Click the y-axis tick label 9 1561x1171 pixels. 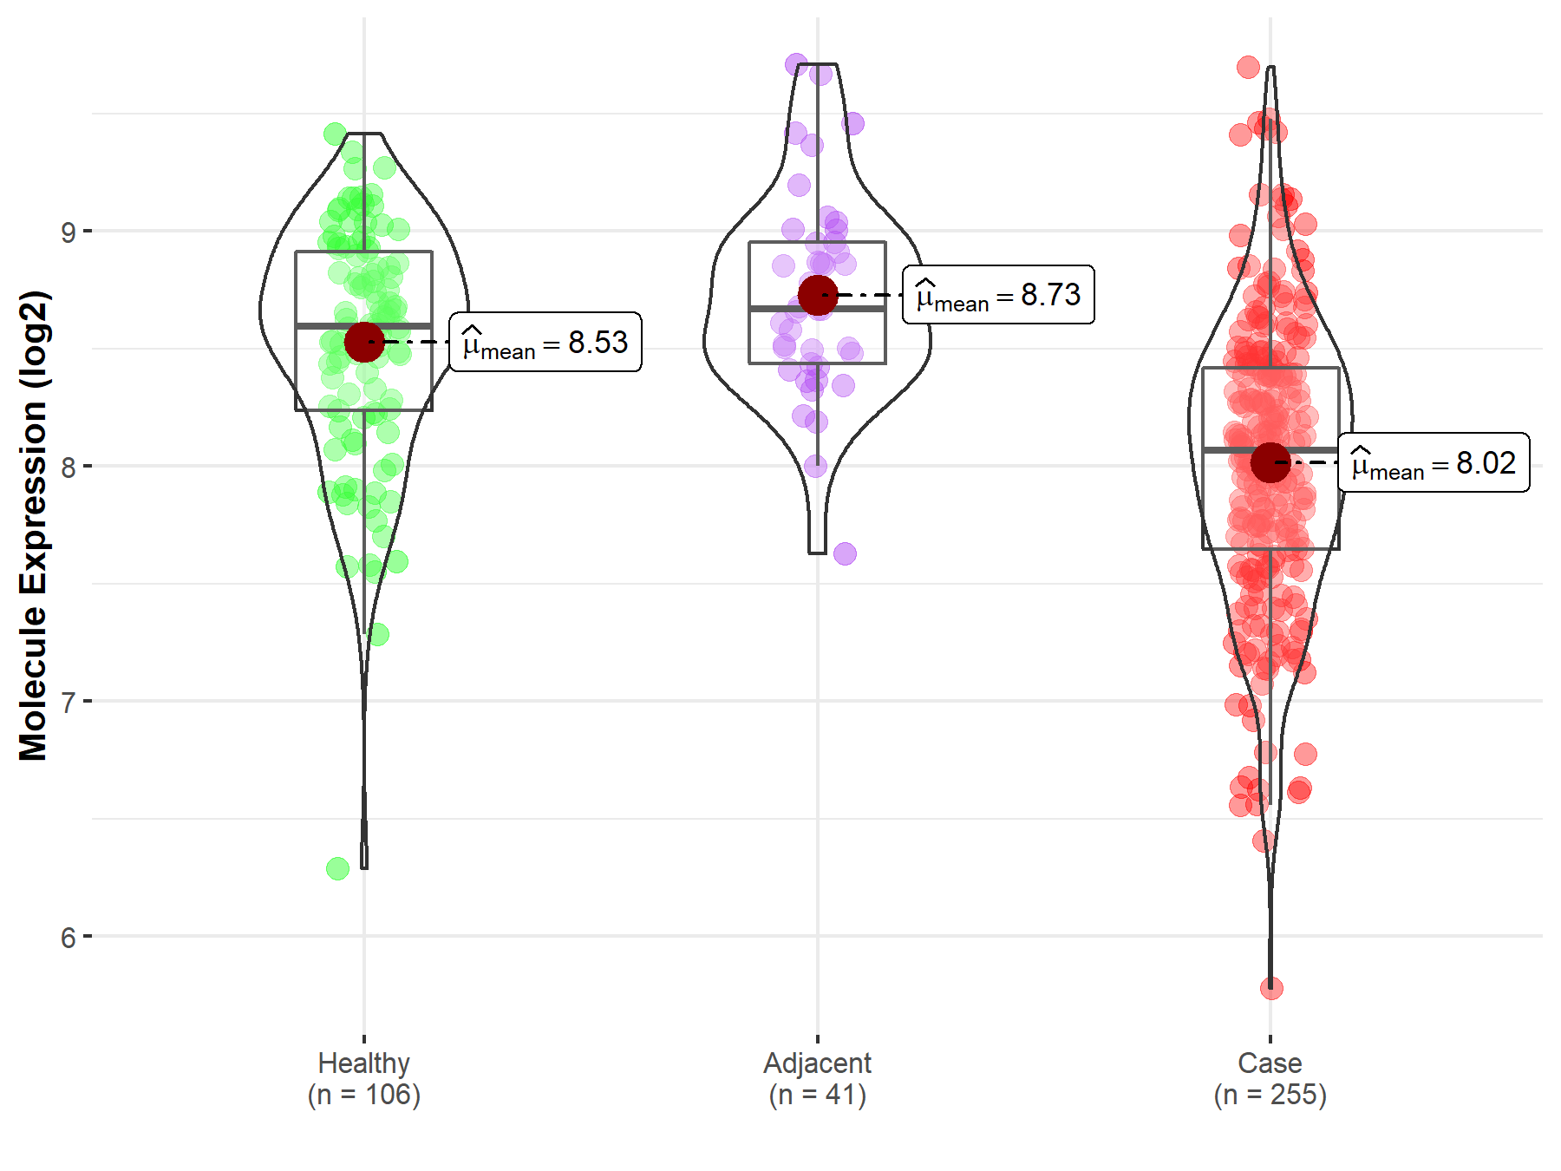69,232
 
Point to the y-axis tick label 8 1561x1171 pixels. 69,467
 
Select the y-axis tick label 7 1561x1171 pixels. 69,702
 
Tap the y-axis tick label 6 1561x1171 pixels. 69,938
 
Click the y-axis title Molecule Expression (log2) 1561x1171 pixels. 33,526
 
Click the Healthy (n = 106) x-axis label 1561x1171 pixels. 363,1078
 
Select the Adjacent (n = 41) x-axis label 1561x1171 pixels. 817,1078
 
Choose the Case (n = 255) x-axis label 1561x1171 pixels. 1270,1078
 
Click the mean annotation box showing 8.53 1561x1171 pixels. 545,342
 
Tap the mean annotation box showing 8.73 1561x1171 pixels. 998,295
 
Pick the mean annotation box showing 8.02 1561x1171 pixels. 1434,462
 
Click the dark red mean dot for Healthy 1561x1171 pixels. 364,342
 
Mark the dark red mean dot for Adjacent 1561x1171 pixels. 818,295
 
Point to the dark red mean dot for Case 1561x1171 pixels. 1270,462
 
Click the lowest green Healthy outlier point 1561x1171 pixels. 337,868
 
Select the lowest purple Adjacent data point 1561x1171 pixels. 845,553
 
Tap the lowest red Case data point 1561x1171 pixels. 1271,988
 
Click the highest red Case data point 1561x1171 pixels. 1248,67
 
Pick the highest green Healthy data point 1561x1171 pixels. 335,134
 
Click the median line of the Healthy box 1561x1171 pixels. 364,325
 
